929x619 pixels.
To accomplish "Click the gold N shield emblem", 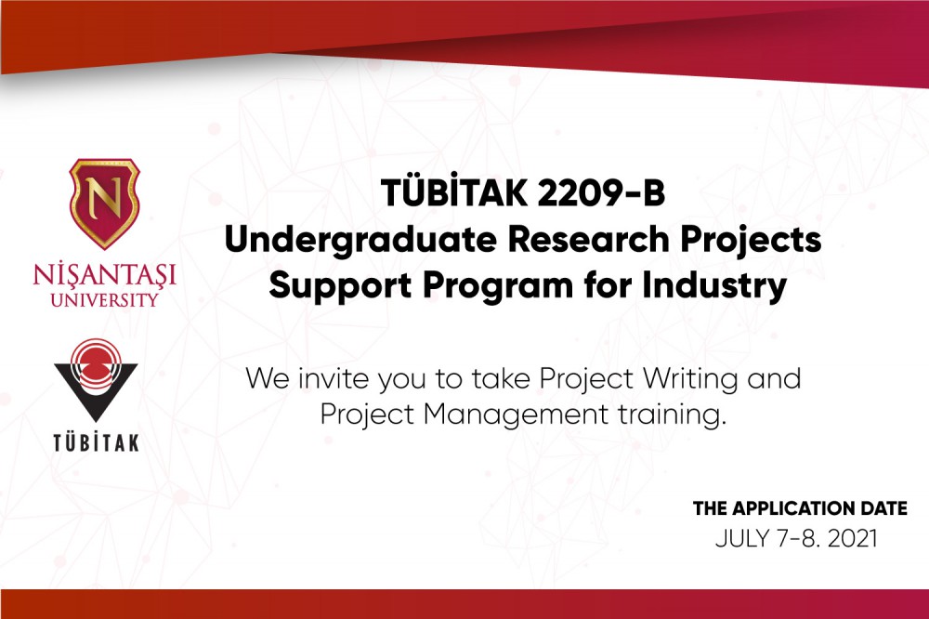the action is pos(104,203).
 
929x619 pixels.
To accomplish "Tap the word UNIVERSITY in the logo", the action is pos(105,299).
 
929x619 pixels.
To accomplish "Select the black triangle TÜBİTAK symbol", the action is pos(96,379).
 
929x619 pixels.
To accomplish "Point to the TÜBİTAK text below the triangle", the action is pos(96,442).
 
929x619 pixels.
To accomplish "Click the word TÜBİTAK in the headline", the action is pos(454,192).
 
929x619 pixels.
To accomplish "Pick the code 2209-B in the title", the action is pos(601,194).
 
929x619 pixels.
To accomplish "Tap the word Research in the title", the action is pos(588,240).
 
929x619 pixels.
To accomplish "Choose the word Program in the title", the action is pos(498,287).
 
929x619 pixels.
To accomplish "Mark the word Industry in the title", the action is pos(713,287).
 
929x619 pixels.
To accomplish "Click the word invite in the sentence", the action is pos(332,378).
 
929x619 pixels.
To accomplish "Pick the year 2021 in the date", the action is pos(852,539).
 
